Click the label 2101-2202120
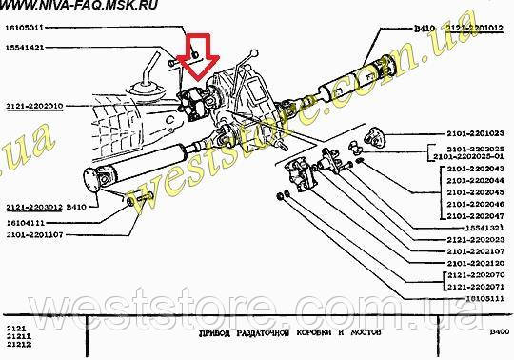click(x=474, y=262)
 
